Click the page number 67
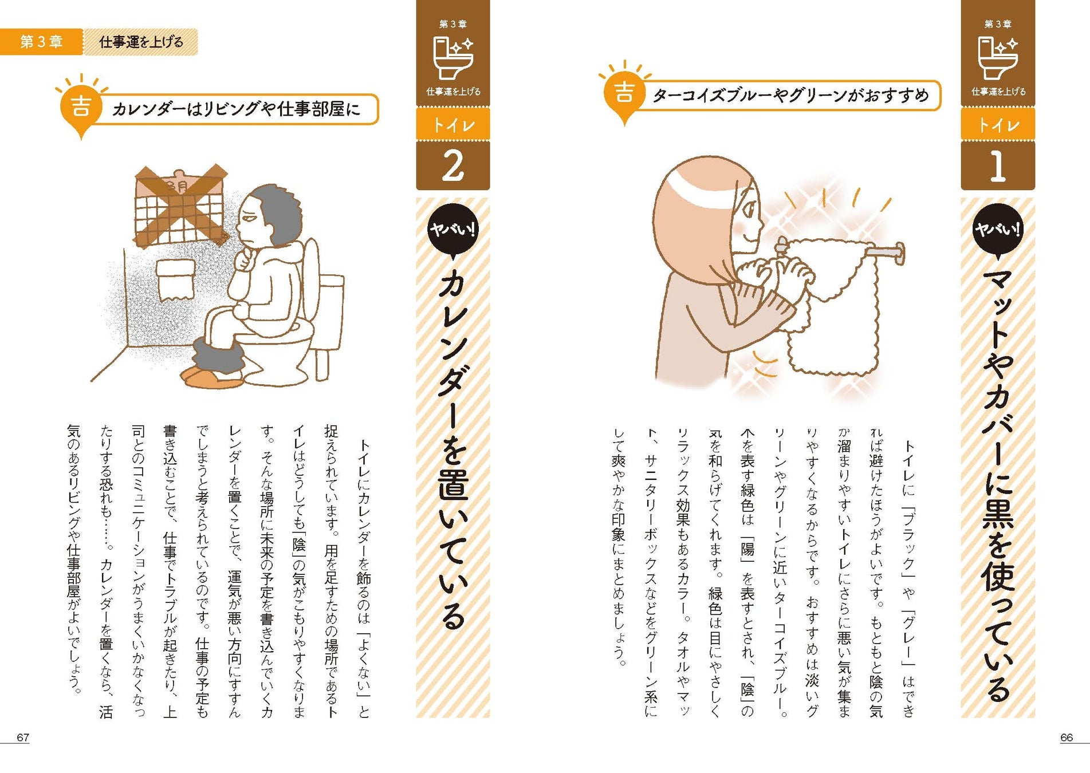tap(23, 737)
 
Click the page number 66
tap(1066, 737)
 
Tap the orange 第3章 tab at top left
tap(41, 42)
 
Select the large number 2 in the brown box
tap(452, 167)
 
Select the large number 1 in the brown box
tap(998, 167)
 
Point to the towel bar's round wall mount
tap(899, 254)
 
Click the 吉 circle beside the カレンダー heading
tap(81, 106)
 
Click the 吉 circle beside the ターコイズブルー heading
tap(624, 92)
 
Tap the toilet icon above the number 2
tap(453, 57)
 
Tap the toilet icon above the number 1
tap(998, 57)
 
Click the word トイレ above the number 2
tap(453, 124)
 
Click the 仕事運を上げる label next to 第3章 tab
tap(141, 42)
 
